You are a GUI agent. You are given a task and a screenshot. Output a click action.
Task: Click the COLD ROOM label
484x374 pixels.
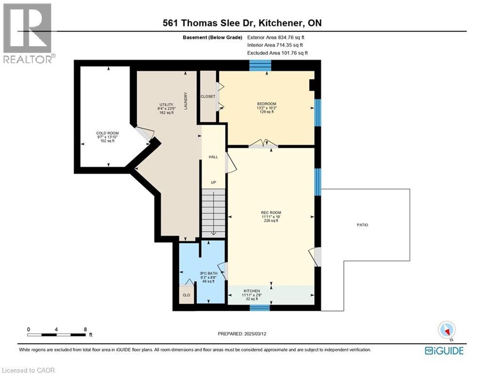107,133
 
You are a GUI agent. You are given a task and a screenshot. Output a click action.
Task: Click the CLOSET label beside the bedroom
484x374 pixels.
208,96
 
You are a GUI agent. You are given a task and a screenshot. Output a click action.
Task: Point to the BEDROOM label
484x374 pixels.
267,104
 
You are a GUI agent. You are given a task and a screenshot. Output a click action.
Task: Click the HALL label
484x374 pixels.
213,157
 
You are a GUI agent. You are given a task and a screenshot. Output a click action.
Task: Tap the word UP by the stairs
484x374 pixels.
213,183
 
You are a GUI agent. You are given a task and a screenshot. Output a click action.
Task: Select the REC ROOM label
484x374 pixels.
271,212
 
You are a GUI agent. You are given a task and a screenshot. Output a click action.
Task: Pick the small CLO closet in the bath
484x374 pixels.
186,295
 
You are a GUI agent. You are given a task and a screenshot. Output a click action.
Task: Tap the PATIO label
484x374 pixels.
362,225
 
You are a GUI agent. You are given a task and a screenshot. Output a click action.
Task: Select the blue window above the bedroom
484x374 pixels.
260,65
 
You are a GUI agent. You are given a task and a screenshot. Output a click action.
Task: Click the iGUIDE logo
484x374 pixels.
444,351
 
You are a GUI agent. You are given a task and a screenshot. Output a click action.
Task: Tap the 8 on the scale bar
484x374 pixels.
85,329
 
